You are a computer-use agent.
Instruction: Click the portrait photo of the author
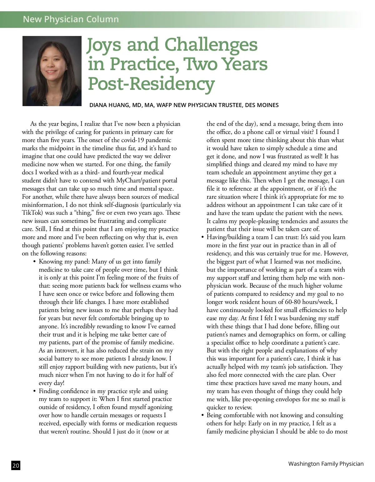click(52, 71)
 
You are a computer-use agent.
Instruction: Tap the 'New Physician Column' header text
click(71, 19)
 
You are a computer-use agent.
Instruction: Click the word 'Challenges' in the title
click(211, 45)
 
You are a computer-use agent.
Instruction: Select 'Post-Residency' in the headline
click(151, 84)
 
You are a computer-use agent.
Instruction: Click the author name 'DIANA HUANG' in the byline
click(109, 105)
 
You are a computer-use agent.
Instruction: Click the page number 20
click(16, 466)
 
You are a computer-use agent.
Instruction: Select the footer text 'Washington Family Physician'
click(326, 464)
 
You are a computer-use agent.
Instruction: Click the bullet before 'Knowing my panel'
click(34, 262)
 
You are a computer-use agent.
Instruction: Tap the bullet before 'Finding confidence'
click(34, 391)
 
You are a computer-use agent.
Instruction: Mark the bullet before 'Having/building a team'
click(202, 237)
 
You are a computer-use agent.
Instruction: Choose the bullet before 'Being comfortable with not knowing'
click(202, 416)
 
